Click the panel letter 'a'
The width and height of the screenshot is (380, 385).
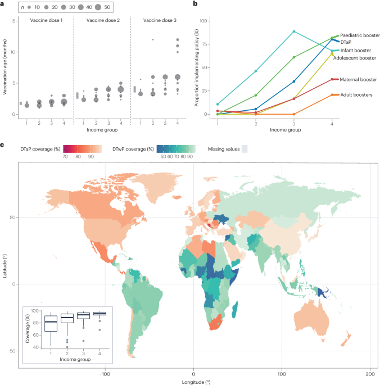(x=3, y=3)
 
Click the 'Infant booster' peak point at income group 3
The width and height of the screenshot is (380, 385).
(x=293, y=31)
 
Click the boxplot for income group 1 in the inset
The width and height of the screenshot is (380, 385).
(x=50, y=325)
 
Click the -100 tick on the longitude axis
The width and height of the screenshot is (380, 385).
(x=105, y=373)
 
